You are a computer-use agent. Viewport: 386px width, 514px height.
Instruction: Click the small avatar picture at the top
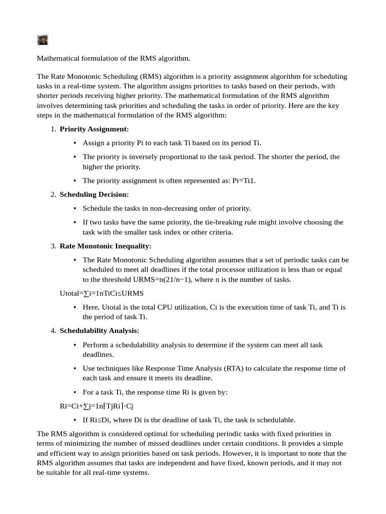click(42, 40)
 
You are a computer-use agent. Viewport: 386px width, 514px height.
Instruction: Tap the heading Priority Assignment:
click(94, 129)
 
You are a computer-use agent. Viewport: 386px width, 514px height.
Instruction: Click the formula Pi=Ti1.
click(244, 180)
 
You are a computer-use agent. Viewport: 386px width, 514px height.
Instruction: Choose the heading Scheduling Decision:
click(94, 194)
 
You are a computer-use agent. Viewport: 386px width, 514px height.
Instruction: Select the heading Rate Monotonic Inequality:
click(105, 246)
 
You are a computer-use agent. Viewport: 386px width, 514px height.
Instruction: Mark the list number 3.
click(53, 246)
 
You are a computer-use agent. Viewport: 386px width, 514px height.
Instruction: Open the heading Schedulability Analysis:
click(99, 331)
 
